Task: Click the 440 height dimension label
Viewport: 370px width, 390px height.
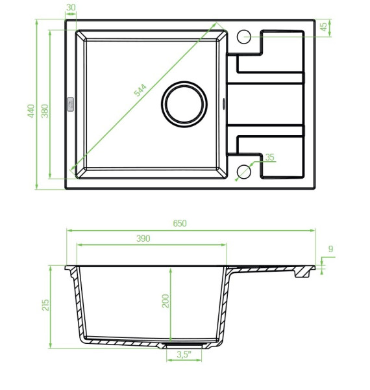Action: (x=31, y=111)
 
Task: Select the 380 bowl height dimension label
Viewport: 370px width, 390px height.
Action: (x=45, y=111)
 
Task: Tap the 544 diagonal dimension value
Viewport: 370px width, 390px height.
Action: (x=140, y=90)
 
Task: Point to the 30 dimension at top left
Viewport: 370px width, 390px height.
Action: (x=71, y=7)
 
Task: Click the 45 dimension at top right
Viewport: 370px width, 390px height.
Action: (x=323, y=27)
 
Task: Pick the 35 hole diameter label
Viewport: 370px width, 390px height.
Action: (x=269, y=157)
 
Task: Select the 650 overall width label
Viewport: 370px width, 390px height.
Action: (x=180, y=224)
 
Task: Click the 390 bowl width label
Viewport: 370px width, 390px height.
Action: (x=143, y=239)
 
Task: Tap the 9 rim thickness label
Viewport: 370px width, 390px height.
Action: (x=330, y=249)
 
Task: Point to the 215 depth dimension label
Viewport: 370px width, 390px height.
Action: (x=45, y=305)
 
